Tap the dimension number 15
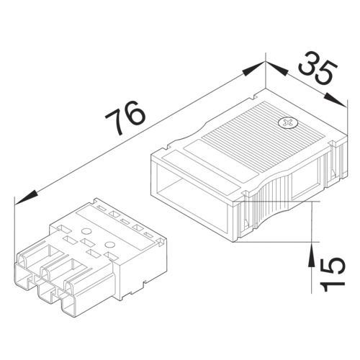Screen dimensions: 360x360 328,270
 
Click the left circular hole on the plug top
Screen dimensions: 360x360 84,232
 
